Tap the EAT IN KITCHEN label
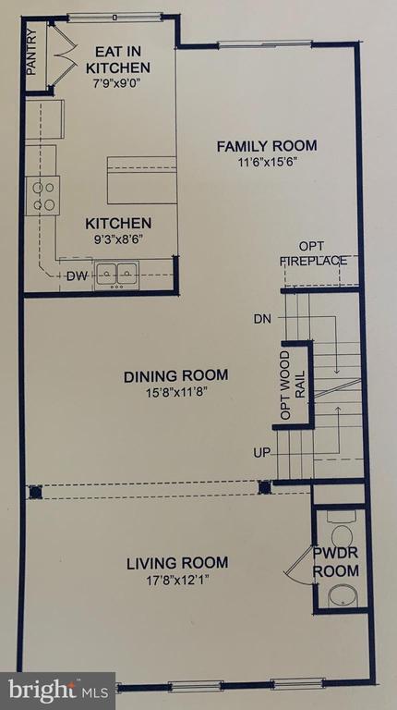pos(117,59)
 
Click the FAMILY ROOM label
pos(267,145)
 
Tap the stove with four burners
pos(44,195)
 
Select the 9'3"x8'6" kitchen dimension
pos(117,240)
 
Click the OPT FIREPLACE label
pos(314,253)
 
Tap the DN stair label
pos(263,320)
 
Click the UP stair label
pos(263,452)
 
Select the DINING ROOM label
pos(175,376)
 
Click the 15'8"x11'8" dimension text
pos(175,393)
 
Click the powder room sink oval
pos(345,595)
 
